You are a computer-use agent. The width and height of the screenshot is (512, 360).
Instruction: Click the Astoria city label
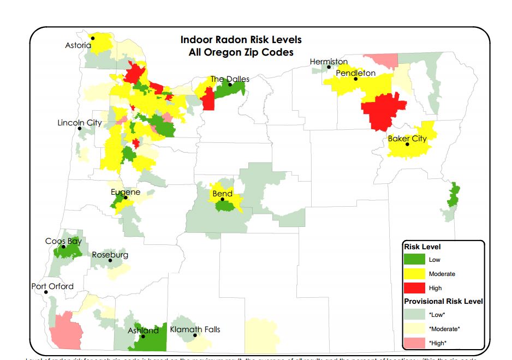tap(78, 45)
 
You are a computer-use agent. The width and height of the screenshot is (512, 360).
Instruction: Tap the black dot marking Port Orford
tap(46, 292)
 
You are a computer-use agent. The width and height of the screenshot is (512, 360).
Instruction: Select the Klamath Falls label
tap(195, 329)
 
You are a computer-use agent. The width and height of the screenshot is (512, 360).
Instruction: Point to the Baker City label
tap(407, 139)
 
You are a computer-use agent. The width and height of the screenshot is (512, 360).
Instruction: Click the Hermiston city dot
tap(329, 67)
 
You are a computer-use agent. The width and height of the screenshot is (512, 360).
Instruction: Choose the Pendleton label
tap(355, 73)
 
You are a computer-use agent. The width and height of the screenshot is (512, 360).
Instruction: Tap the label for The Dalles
tap(230, 79)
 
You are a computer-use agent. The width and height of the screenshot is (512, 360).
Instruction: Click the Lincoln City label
tap(80, 123)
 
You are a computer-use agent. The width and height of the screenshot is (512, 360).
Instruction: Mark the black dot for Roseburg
tap(110, 261)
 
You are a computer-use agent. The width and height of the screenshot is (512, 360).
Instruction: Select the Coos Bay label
tap(63, 241)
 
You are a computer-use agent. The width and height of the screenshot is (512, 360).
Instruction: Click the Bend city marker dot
tap(222, 200)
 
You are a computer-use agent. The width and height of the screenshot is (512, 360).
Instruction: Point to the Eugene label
tap(126, 192)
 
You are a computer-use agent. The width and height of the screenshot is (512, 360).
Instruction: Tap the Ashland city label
tap(143, 330)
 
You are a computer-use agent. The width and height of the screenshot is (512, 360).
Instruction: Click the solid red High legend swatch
tap(414, 287)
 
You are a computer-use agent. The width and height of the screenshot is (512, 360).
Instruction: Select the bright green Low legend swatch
tap(414, 260)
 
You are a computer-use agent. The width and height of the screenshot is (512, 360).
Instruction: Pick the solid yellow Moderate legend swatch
tap(414, 274)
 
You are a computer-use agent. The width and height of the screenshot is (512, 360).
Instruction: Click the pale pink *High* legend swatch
tap(414, 343)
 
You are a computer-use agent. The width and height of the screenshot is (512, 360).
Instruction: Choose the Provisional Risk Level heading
tap(443, 301)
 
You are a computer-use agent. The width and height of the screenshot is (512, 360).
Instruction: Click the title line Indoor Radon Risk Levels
tap(241, 40)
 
